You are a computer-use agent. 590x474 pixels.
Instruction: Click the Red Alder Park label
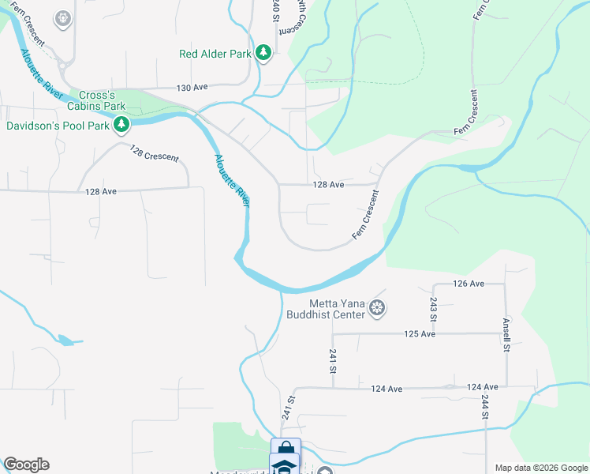[215, 54]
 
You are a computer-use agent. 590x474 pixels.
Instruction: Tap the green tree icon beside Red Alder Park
[263, 54]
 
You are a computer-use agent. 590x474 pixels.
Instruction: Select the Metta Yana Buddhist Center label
[338, 309]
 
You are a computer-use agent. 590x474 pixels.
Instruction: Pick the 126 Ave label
[468, 284]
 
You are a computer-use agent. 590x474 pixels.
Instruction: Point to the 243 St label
[434, 309]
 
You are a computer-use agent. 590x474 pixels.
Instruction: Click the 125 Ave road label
[420, 334]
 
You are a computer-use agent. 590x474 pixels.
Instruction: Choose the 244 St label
[484, 408]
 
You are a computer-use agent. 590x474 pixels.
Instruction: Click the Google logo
[26, 465]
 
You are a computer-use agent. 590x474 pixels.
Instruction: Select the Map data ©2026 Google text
[541, 468]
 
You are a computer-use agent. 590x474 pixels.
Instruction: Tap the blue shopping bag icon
[286, 449]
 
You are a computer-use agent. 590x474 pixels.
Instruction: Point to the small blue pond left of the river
[68, 340]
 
